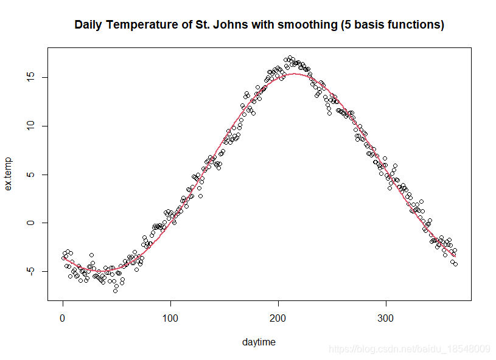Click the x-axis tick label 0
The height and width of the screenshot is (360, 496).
coord(63,318)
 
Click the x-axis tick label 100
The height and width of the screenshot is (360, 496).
coord(170,318)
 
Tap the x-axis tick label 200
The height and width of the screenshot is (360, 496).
coord(278,318)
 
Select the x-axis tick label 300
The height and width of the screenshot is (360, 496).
coord(386,318)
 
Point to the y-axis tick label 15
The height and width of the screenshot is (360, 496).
coord(30,77)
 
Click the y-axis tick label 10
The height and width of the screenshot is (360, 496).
coord(30,126)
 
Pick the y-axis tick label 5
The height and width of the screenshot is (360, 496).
coord(30,175)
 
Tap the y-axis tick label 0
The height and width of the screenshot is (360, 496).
coord(30,223)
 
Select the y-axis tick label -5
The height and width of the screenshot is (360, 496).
coord(30,271)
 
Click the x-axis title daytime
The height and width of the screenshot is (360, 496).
coord(259,342)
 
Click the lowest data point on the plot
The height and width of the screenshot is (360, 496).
coord(115,291)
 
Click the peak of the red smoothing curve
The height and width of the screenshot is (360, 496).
coord(294,74)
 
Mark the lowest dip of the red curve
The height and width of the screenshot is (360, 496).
coord(105,271)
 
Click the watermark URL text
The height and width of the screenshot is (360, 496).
coord(410,349)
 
